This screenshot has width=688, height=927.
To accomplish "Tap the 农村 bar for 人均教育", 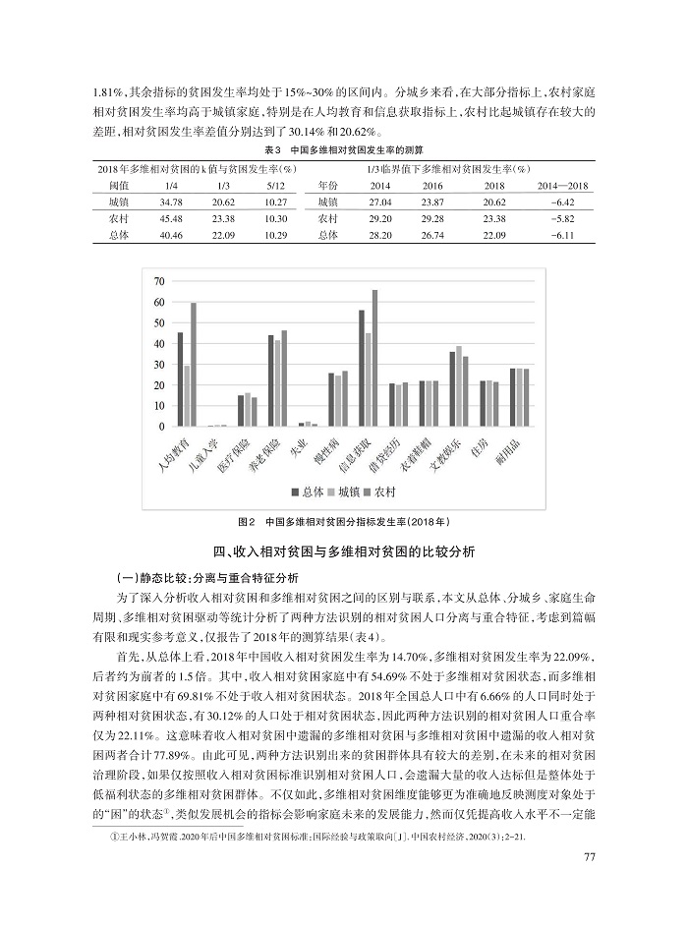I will [x=194, y=365].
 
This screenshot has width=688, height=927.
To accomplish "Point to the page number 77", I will [x=591, y=857].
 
